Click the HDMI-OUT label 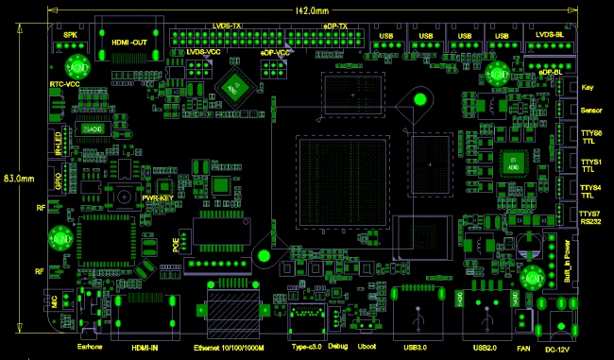click(x=130, y=42)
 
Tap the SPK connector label click(x=70, y=35)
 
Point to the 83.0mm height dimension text click(x=19, y=177)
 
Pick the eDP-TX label click(x=335, y=26)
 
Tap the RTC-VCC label click(x=64, y=84)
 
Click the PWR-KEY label click(x=157, y=197)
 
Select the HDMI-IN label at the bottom click(x=145, y=347)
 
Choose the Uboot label click(x=367, y=347)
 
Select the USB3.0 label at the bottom click(x=416, y=347)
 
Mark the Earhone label click(x=89, y=347)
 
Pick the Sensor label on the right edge click(x=592, y=110)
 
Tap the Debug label click(x=338, y=347)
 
